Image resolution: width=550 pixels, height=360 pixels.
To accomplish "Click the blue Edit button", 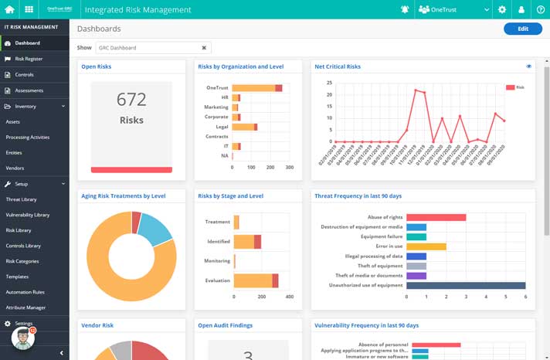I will [522, 29].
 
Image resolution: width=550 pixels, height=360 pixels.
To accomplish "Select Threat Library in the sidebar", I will [22, 199].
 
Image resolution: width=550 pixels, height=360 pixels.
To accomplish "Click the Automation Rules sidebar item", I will [25, 292].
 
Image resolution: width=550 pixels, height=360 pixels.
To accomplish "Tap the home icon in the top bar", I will [10, 9].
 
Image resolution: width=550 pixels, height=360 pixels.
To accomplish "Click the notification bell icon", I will [405, 9].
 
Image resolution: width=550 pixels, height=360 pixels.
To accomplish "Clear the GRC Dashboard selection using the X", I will [205, 48].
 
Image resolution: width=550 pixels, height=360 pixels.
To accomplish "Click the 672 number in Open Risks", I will [131, 99].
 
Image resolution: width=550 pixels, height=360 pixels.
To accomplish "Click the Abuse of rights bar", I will [436, 218].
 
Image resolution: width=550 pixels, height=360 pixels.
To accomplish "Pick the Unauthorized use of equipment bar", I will [466, 285].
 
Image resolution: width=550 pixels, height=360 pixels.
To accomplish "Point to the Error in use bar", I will [426, 246].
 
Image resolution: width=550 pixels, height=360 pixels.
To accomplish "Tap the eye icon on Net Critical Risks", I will [528, 67].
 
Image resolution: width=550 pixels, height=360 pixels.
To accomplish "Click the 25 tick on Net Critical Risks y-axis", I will [330, 83].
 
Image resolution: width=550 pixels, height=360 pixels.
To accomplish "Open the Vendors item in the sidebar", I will [15, 168].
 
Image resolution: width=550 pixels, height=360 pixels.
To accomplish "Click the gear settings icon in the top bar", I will [502, 9].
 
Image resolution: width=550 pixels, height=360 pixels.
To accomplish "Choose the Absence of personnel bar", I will [436, 345].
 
